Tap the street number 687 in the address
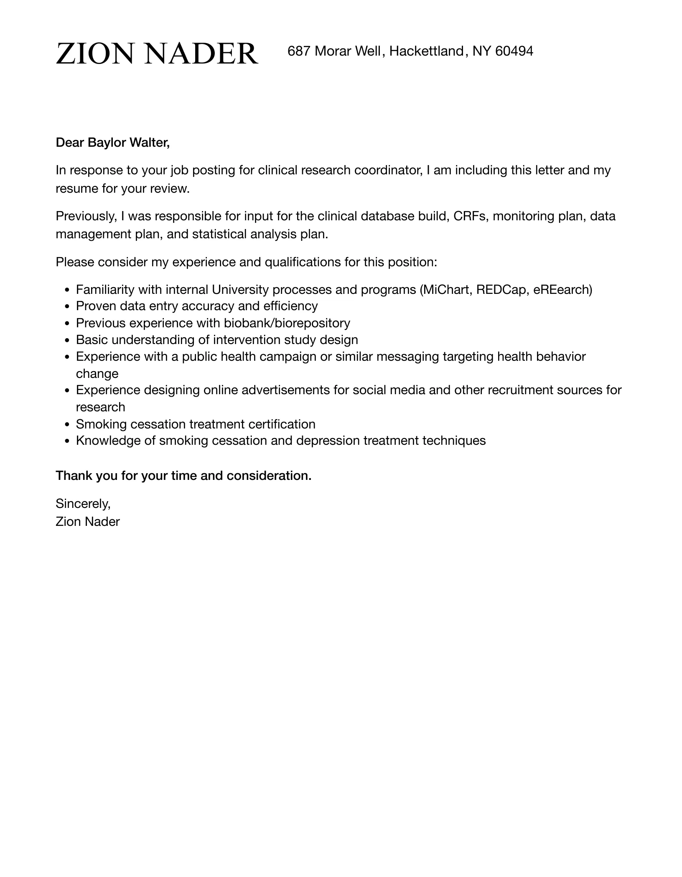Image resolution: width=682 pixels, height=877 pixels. [x=299, y=51]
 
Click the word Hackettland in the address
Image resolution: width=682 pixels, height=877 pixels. [x=426, y=51]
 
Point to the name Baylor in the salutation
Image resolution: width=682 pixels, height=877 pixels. [x=107, y=143]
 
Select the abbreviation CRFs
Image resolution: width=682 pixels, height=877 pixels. [x=471, y=217]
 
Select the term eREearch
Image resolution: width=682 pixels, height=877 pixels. [x=562, y=290]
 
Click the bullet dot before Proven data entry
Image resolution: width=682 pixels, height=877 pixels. [x=67, y=307]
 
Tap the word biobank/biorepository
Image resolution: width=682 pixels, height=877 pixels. [x=287, y=323]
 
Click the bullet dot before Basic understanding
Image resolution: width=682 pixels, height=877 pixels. [x=67, y=340]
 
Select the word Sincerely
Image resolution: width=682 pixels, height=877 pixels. [x=83, y=504]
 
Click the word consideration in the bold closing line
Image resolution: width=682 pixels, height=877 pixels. [x=269, y=476]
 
